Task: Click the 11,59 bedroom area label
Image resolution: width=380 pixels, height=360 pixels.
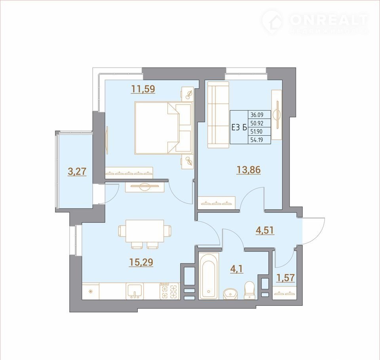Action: click(143, 89)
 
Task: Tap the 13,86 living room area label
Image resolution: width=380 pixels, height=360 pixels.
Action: click(249, 170)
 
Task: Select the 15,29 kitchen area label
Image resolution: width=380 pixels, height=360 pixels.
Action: click(141, 262)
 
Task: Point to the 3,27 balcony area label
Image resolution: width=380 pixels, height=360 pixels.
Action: click(77, 172)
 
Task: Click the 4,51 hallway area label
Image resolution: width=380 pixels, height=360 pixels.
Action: click(265, 230)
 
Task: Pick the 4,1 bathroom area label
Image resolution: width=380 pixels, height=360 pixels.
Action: click(237, 269)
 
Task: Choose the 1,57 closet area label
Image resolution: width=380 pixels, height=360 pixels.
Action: click(286, 278)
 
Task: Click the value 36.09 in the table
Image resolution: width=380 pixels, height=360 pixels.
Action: click(257, 114)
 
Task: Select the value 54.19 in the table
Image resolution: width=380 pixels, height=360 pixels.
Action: click(257, 140)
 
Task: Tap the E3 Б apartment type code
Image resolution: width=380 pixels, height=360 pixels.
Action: click(239, 128)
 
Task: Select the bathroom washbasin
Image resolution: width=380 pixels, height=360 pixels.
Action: click(231, 294)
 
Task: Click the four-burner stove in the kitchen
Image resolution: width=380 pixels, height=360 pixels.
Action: click(169, 291)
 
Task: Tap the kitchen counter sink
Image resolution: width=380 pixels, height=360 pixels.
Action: click(134, 291)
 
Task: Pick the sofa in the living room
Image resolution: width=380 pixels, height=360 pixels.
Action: click(218, 115)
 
